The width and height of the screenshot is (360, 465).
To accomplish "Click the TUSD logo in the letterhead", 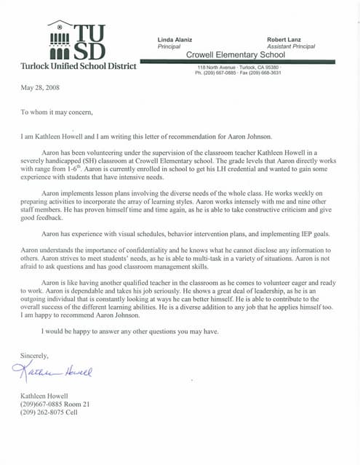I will tap(76, 42).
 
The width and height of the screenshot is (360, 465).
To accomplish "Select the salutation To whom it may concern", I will tap(57, 112).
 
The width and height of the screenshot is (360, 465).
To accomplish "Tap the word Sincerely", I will tap(34, 356).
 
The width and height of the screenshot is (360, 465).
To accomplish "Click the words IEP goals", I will tap(313, 235).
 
